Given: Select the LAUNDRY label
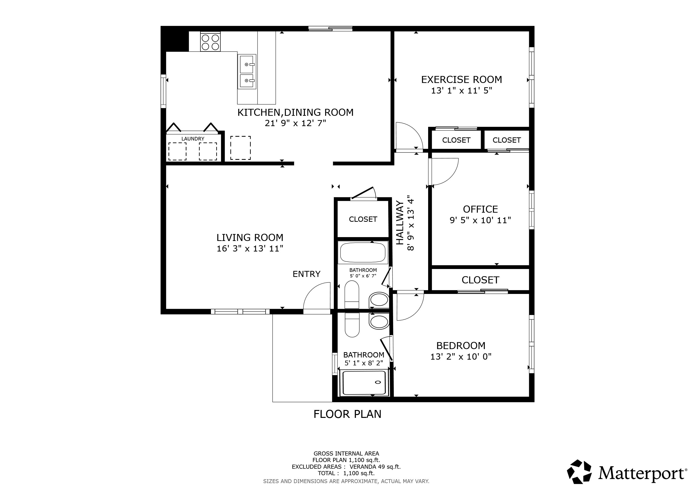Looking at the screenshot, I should click(193, 139).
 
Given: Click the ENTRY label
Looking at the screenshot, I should click(306, 274).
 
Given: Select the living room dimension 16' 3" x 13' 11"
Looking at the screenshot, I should click(250, 249).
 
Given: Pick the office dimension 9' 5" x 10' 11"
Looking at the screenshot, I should click(480, 220).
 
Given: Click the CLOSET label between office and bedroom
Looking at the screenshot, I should click(480, 280).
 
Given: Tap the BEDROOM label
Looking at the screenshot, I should click(461, 345).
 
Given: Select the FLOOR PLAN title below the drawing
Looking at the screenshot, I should click(347, 414).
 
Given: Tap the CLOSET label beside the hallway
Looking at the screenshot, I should click(363, 219).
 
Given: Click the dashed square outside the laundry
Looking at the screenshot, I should click(240, 148).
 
